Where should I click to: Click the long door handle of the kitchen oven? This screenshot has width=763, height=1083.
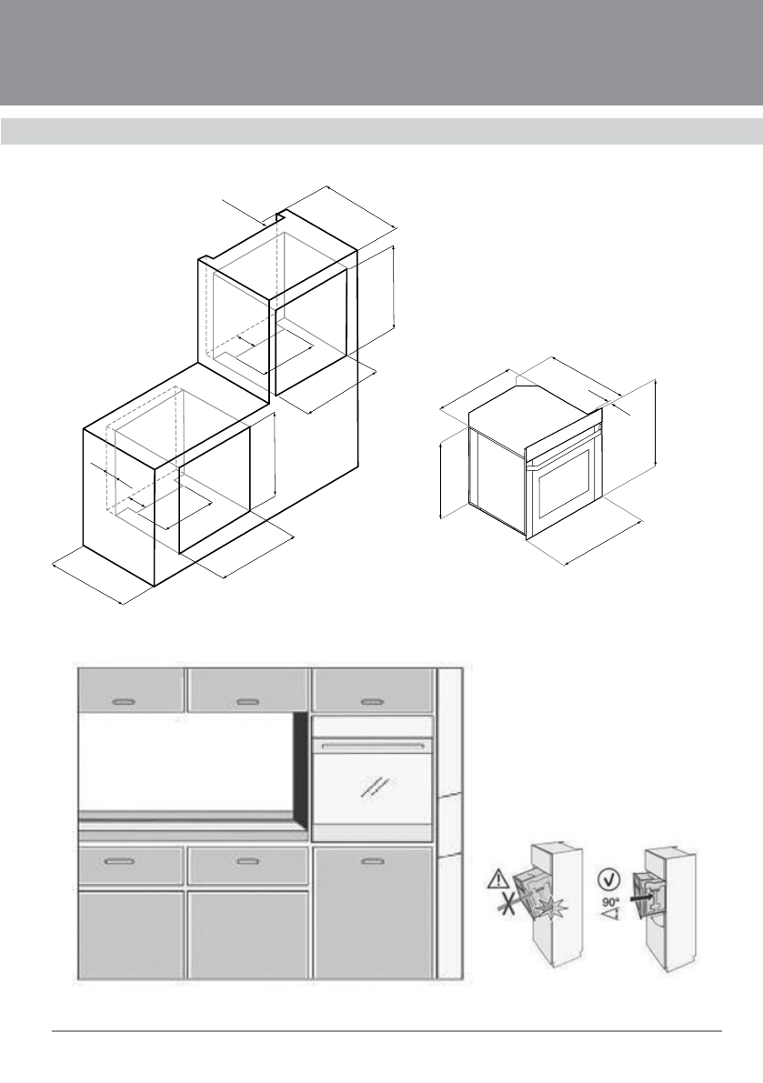click(372, 746)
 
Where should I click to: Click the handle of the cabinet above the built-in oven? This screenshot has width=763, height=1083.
click(371, 701)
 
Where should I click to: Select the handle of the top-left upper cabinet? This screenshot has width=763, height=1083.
click(122, 701)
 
